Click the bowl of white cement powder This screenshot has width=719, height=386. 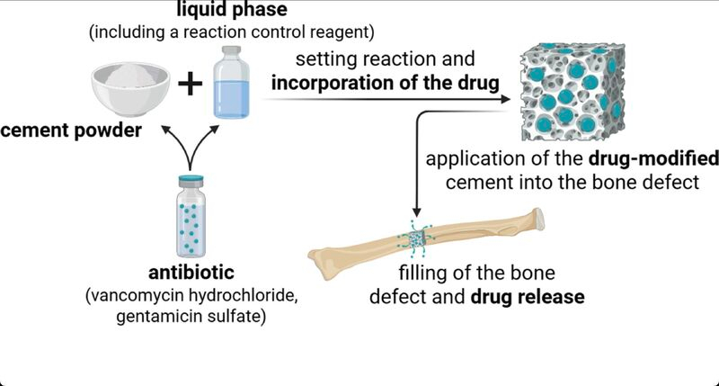point(133,82)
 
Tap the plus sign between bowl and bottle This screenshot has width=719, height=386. point(190,85)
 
